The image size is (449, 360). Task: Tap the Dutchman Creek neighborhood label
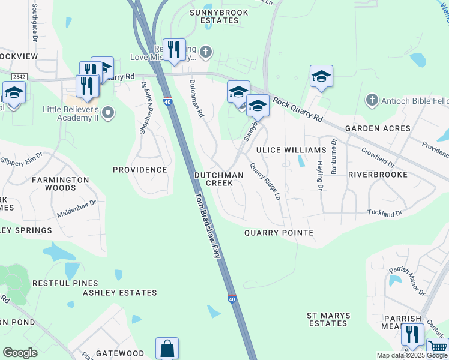click(219, 179)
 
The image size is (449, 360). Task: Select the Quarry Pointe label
click(279, 232)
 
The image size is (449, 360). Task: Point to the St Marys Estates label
click(327, 319)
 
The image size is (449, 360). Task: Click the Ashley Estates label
click(119, 293)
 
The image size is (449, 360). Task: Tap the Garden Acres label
click(378, 128)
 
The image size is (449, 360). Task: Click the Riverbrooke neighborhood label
click(378, 175)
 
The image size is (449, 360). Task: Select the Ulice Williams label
click(291, 149)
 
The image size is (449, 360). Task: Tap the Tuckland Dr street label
click(385, 213)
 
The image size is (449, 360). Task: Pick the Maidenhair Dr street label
click(76, 209)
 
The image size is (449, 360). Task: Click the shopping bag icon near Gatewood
click(167, 348)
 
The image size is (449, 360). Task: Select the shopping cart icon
click(438, 347)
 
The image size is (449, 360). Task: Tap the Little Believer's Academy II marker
click(108, 112)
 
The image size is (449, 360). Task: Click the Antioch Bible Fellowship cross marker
click(372, 100)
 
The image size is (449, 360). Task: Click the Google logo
click(20, 353)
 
